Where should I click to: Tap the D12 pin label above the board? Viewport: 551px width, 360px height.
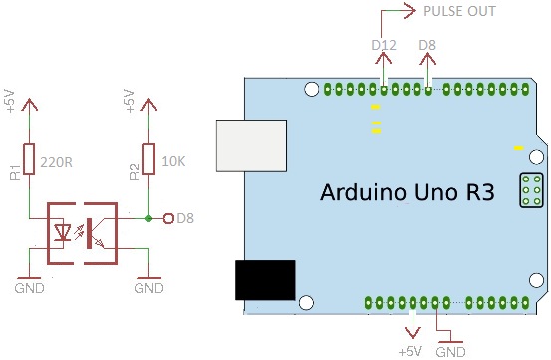[383, 45]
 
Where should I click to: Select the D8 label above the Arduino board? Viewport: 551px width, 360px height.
[427, 45]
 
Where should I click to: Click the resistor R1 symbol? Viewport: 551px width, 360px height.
[31, 158]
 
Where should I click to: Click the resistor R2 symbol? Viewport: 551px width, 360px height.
[148, 158]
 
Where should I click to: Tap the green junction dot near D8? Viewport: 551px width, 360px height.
[148, 218]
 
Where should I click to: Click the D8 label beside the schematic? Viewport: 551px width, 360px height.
[185, 218]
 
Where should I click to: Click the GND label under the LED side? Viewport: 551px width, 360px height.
[31, 288]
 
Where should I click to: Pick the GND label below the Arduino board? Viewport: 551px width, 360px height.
[451, 352]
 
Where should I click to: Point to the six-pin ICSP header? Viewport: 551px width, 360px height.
[531, 189]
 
